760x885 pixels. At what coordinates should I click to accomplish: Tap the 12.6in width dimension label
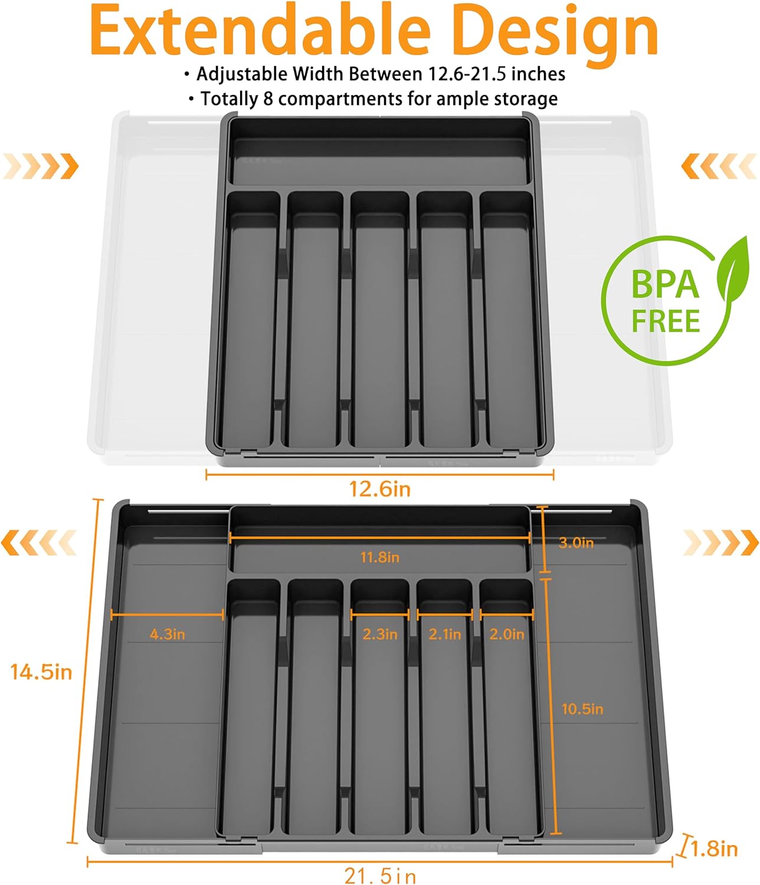pos(379,489)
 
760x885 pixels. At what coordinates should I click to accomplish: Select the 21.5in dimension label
pos(380,876)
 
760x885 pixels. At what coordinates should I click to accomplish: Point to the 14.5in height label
pos(41,671)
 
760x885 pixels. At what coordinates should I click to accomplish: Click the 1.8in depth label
pos(714,849)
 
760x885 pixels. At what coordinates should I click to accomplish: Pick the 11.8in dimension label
pos(380,557)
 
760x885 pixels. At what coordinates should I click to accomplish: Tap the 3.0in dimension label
pos(576,543)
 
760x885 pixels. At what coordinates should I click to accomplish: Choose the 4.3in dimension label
pos(167,634)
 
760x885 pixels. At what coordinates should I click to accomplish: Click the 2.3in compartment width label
pos(380,634)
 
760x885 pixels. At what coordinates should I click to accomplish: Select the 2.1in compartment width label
pos(445,634)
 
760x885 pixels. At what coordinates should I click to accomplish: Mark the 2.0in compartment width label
pos(507,634)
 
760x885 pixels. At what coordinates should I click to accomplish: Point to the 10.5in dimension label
pos(582,709)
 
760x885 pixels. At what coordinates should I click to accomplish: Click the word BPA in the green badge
pos(665,285)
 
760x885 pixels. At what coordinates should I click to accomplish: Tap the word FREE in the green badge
pos(666,322)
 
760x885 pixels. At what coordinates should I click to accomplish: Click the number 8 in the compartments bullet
pos(268,99)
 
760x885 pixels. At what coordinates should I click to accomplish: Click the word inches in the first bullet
pos(538,74)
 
